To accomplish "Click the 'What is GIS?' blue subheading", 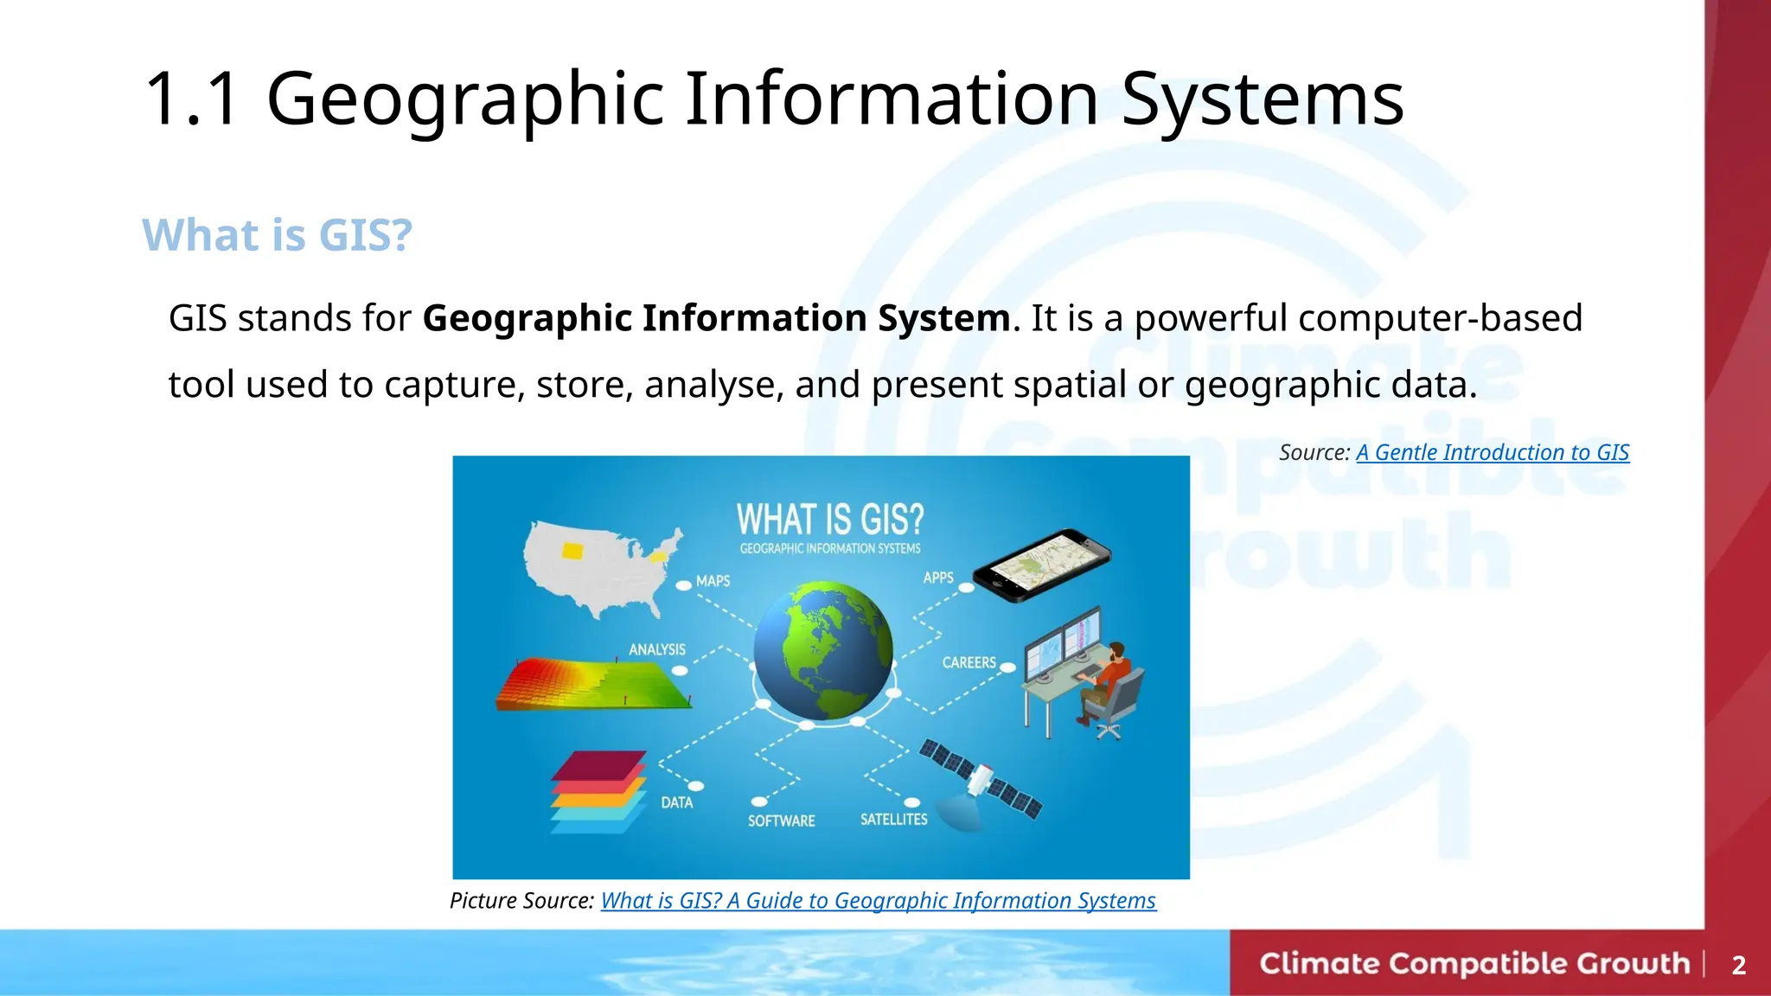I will [277, 235].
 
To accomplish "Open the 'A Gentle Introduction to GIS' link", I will [1492, 452].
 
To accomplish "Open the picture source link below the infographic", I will [878, 901].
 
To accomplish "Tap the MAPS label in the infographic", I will [713, 581].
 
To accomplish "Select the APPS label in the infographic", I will [938, 578].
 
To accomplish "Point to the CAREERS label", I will [969, 662].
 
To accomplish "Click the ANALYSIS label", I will [657, 649].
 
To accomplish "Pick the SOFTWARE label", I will [781, 820].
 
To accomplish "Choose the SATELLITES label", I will [893, 819].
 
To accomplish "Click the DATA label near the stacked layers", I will [677, 802].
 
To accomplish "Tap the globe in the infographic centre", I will [822, 651].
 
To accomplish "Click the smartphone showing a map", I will [1041, 565].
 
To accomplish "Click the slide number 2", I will [1738, 965].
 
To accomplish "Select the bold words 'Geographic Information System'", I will [716, 318].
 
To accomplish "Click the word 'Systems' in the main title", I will [1262, 99].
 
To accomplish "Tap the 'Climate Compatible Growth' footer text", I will [1474, 963].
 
